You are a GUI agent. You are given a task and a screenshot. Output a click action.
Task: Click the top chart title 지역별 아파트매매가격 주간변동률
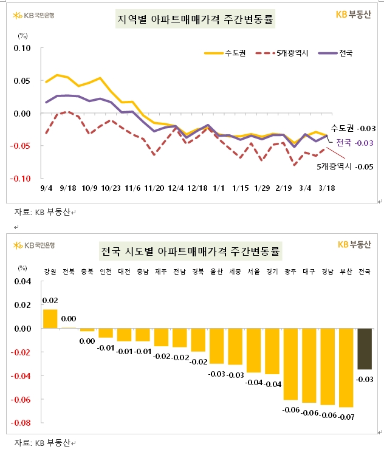coord(194,20)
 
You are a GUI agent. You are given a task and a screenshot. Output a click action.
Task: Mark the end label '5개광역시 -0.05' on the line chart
coord(345,166)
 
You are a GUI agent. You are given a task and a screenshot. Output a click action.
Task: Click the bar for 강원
coord(50,319)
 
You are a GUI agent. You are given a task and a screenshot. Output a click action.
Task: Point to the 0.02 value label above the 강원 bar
coord(50,301)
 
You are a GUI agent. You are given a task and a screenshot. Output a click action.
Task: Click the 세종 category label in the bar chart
coord(235,272)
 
